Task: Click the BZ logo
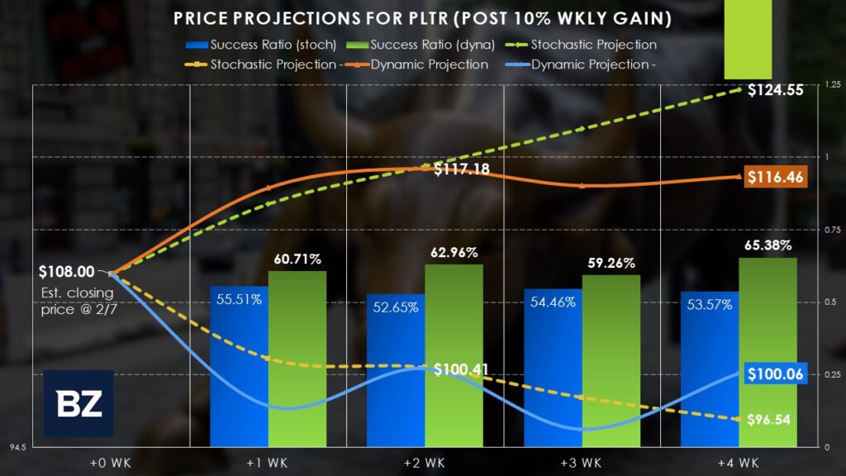coord(78,403)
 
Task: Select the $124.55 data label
coord(776,91)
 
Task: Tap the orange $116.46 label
coord(775,176)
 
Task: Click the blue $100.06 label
coord(775,374)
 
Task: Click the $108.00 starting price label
coord(65,271)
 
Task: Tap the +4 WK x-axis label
coord(739,460)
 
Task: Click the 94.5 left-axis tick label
coord(15,447)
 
